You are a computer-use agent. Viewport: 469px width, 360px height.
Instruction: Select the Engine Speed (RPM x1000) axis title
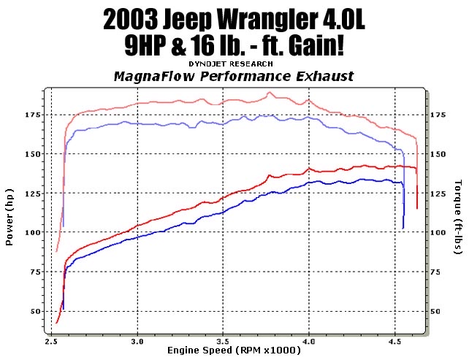click(x=234, y=351)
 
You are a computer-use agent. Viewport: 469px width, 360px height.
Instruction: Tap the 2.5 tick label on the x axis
click(x=51, y=341)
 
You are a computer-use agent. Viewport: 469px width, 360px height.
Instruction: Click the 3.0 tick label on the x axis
click(x=137, y=341)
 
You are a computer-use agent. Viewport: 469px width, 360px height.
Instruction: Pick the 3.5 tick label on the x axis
click(x=223, y=341)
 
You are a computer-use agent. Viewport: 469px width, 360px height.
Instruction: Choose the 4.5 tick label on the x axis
click(x=395, y=341)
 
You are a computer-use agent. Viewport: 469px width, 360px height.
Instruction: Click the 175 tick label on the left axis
click(x=31, y=115)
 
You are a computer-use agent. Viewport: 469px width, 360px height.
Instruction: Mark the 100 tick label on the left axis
click(x=31, y=233)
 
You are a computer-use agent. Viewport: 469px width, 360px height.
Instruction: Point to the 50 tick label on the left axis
click(x=34, y=312)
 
